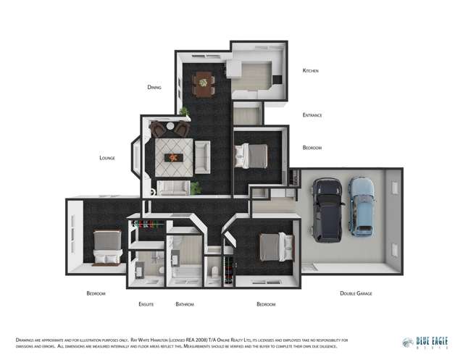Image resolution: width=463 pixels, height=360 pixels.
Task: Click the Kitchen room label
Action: pyautogui.click(x=310, y=71)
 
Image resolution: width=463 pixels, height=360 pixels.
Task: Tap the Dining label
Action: pyautogui.click(x=154, y=87)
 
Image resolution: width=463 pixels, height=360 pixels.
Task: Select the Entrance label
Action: pyautogui.click(x=312, y=115)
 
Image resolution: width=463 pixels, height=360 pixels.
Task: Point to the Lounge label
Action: pyautogui.click(x=107, y=157)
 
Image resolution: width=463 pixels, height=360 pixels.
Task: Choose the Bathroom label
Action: pyautogui.click(x=185, y=304)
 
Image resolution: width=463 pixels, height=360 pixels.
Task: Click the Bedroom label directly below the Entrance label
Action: pyautogui.click(x=312, y=148)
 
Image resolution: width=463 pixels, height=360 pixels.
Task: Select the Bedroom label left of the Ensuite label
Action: pyautogui.click(x=96, y=293)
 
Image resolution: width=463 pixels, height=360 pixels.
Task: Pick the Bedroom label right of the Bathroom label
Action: pyautogui.click(x=266, y=304)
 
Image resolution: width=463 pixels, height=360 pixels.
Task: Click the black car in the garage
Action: pyautogui.click(x=328, y=210)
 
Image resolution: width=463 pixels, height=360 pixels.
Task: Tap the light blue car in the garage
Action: pyautogui.click(x=361, y=206)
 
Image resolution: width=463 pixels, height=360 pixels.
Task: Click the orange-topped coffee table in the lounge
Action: pyautogui.click(x=174, y=156)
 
